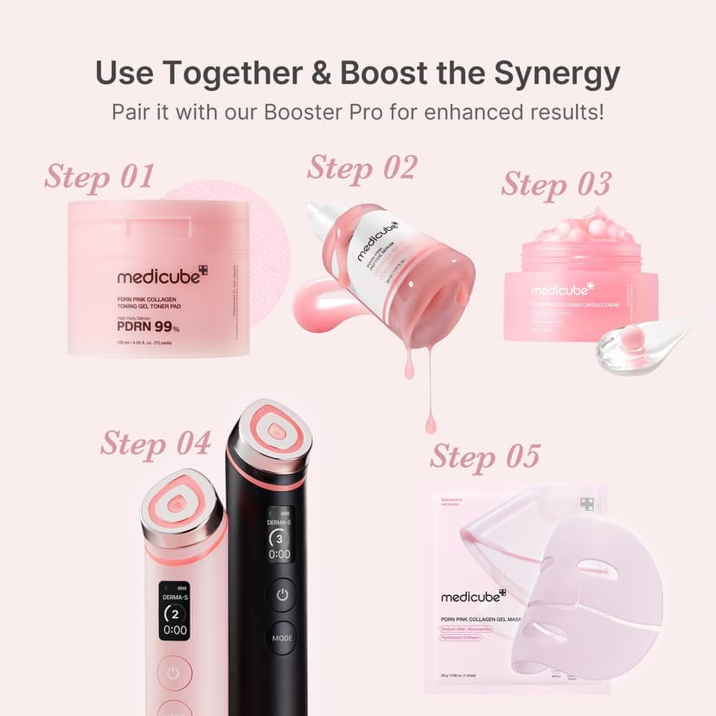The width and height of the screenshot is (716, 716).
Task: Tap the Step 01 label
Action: tap(99, 176)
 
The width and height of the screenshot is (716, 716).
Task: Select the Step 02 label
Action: tap(361, 167)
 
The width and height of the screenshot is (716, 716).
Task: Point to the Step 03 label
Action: tap(556, 184)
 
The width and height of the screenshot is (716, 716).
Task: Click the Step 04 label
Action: tap(155, 443)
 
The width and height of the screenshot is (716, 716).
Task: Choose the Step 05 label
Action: tap(484, 456)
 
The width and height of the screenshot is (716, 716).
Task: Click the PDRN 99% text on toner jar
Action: tap(148, 328)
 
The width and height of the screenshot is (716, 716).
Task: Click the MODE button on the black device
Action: tap(280, 638)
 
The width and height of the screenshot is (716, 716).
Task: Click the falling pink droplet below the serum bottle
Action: tap(430, 423)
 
